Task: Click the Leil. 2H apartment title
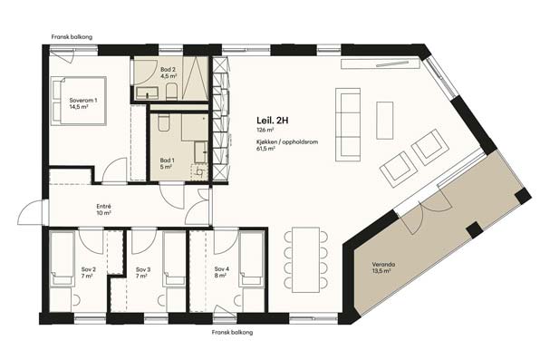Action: [272, 121]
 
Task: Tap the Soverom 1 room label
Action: [83, 101]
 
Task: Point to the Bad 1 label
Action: [167, 161]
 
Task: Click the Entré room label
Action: [103, 207]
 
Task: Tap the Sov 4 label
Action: [221, 269]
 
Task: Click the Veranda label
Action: [383, 265]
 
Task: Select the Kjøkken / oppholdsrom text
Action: [287, 141]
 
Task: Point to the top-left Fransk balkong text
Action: [72, 37]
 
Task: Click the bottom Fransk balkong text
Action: [232, 333]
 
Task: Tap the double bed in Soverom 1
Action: [79, 101]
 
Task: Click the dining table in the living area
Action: [306, 259]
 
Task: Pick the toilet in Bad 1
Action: [164, 123]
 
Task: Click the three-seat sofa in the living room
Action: [348, 124]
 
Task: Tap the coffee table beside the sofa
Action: [385, 121]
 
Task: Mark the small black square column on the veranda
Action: [474, 230]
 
